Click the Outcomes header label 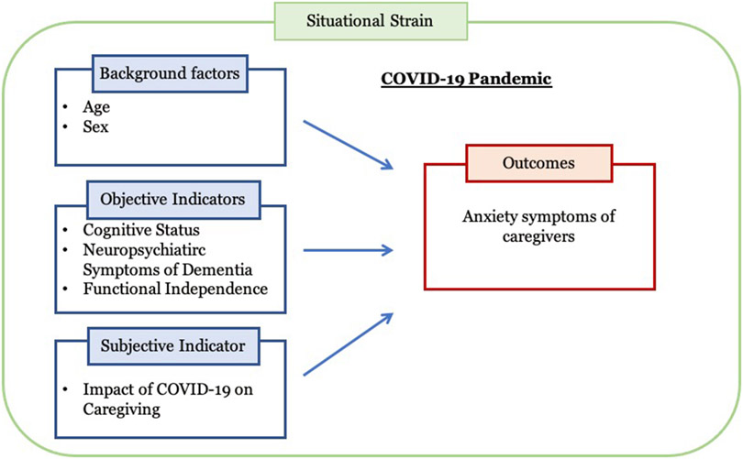(x=538, y=163)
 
